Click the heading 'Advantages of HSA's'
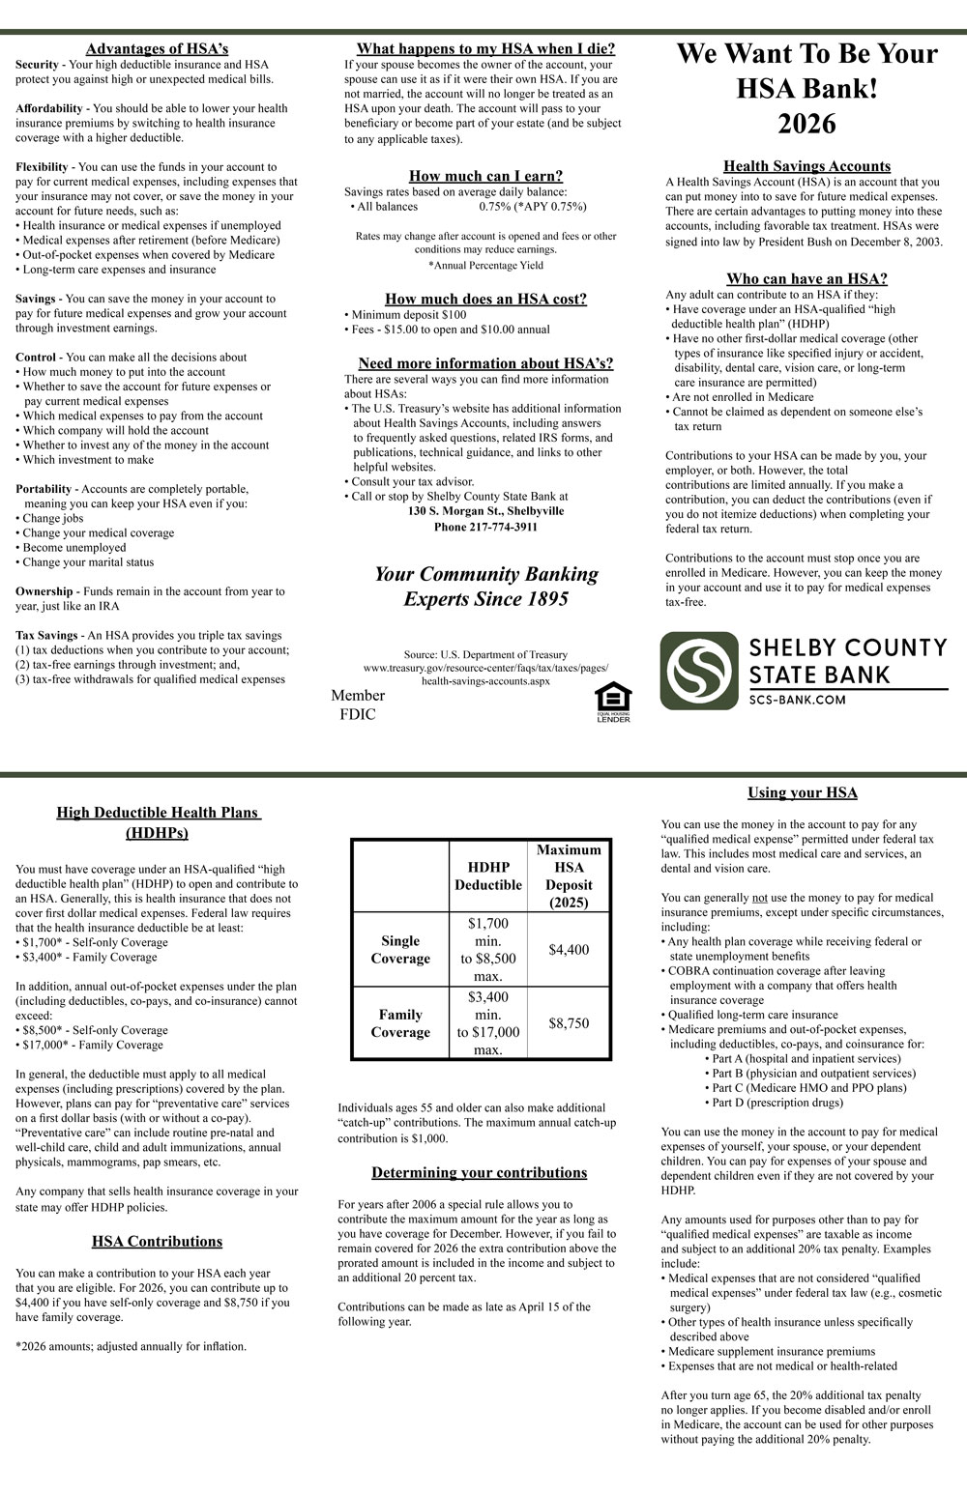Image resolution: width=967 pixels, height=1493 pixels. tap(157, 49)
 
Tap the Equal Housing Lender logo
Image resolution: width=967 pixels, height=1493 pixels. tap(613, 703)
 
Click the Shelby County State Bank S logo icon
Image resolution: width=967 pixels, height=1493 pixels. tap(699, 671)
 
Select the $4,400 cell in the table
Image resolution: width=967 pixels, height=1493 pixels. tap(569, 950)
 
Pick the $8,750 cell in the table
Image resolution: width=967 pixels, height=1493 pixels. tap(569, 1023)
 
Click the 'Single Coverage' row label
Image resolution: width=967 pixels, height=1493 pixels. tap(400, 950)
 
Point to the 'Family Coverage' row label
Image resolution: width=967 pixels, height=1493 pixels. tap(400, 1023)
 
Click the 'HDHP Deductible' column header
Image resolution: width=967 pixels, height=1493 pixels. tap(488, 876)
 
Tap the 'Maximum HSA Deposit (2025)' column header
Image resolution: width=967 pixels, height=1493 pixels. tap(569, 876)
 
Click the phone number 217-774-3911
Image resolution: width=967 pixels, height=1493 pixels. tap(485, 527)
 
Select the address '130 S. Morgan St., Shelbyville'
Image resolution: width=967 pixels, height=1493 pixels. tap(485, 511)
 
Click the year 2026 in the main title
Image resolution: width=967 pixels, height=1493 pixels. tap(806, 125)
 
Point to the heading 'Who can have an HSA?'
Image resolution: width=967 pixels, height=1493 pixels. tap(806, 279)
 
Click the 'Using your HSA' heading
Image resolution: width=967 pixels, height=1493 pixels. tap(803, 793)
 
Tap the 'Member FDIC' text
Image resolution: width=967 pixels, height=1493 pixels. tap(358, 704)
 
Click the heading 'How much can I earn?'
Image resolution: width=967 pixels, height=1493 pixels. tap(485, 176)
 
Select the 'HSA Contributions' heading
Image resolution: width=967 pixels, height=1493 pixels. tap(157, 1242)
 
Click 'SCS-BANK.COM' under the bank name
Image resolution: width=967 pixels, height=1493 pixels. tap(798, 700)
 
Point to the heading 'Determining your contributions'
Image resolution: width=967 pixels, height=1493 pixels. tap(480, 1173)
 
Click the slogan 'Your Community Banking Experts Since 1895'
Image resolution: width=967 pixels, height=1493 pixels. tap(485, 587)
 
